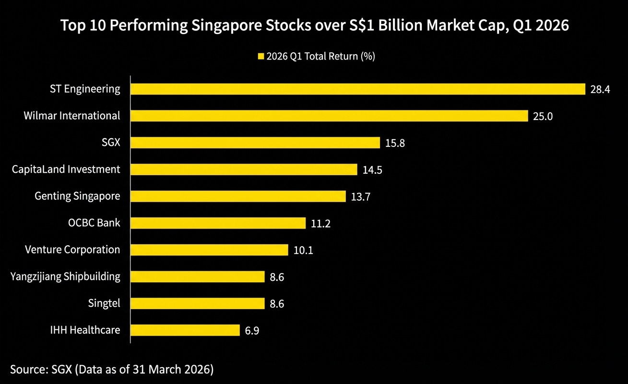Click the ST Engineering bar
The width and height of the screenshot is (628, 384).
click(x=358, y=89)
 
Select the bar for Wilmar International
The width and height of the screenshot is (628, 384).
click(x=329, y=116)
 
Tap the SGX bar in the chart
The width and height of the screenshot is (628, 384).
click(x=255, y=143)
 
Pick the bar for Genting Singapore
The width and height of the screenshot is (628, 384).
click(x=238, y=196)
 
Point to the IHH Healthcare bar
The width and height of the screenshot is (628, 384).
click(x=185, y=330)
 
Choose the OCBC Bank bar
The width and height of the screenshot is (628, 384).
click(x=218, y=223)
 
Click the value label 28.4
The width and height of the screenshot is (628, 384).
click(x=600, y=90)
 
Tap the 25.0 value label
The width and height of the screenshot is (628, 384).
click(x=543, y=116)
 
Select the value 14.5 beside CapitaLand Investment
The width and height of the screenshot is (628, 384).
click(x=372, y=170)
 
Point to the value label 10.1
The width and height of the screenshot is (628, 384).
click(x=303, y=250)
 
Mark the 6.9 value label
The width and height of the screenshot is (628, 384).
click(x=252, y=331)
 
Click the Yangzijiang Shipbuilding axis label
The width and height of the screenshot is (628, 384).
click(x=65, y=277)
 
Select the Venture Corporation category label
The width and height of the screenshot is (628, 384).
click(x=72, y=250)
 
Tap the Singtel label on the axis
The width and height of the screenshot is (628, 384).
click(x=104, y=303)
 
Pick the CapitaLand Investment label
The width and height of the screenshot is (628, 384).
click(x=66, y=169)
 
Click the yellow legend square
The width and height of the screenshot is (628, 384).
click(x=261, y=57)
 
